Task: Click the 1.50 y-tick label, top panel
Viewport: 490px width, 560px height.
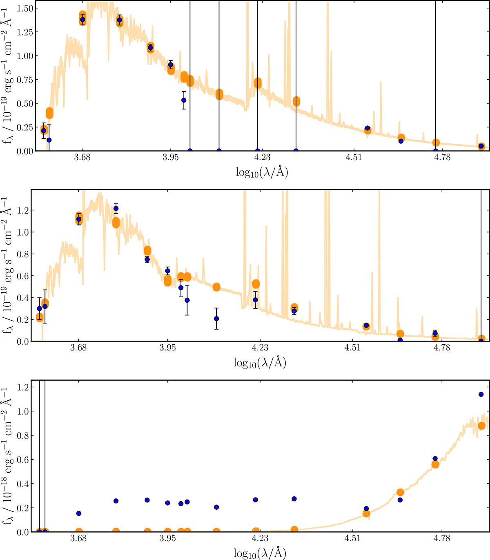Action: tap(25, 9)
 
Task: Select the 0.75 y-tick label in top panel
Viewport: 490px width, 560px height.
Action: tap(25, 80)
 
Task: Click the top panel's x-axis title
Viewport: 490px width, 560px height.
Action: tap(262, 172)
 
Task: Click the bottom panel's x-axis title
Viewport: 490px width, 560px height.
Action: tap(260, 553)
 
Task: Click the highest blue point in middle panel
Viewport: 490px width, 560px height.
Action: tap(116, 208)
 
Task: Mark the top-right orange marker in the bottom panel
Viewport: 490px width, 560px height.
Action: tap(481, 426)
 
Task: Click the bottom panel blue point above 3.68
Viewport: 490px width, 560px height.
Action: tap(79, 513)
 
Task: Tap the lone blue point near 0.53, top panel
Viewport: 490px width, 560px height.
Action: tap(184, 100)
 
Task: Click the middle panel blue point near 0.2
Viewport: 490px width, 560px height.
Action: tap(216, 319)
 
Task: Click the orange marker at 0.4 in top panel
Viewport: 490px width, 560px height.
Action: tap(49, 113)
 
